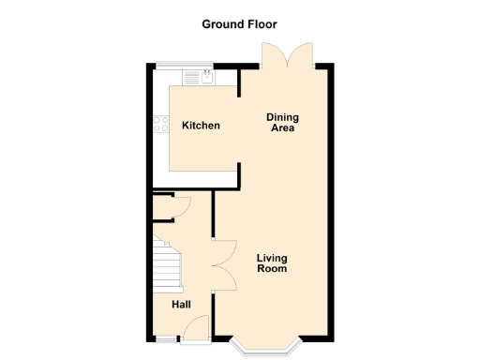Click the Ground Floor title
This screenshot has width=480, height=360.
(239, 23)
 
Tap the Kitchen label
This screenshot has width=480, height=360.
(201, 126)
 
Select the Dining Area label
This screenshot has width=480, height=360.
(282, 122)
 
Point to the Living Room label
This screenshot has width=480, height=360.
(271, 263)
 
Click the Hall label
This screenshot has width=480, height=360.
(181, 305)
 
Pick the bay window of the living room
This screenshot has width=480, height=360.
(272, 349)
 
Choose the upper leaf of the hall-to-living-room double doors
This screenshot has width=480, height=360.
(223, 249)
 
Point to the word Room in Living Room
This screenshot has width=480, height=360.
(271, 269)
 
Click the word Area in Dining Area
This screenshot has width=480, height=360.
(282, 127)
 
